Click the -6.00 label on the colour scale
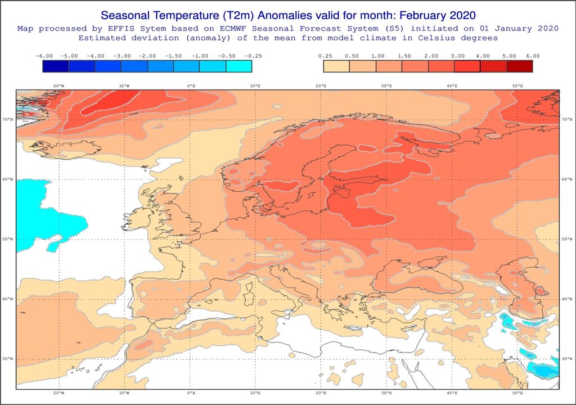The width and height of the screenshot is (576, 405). click(x=44, y=56)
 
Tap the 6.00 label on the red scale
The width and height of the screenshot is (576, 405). click(x=532, y=56)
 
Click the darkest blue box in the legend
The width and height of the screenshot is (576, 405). click(x=56, y=66)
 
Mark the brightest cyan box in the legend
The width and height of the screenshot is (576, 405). click(x=238, y=66)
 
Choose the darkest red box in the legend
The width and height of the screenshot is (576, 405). click(x=519, y=66)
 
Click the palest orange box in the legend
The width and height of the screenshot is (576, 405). click(x=336, y=66)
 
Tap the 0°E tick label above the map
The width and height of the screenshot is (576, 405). click(x=191, y=86)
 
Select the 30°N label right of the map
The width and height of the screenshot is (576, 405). click(x=566, y=358)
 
